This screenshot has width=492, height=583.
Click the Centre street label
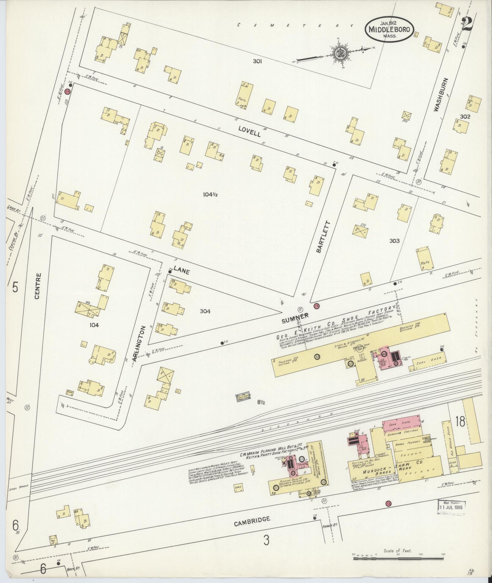pyautogui.click(x=38, y=286)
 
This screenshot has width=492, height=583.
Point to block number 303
pyautogui.click(x=394, y=241)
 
